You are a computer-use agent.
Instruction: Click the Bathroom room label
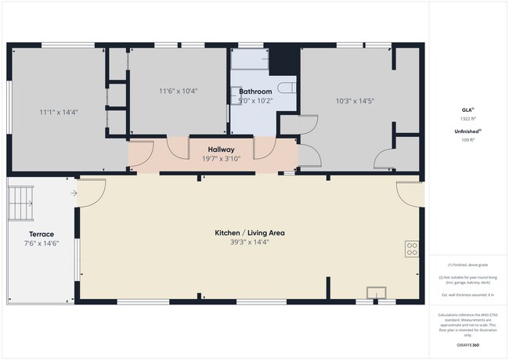[255, 92]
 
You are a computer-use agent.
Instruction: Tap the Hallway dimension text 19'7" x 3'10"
[222, 158]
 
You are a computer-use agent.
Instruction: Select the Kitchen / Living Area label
[250, 232]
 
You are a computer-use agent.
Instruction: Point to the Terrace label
[42, 234]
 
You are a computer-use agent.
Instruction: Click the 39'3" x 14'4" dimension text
[250, 242]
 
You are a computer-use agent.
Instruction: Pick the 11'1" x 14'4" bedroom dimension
[59, 112]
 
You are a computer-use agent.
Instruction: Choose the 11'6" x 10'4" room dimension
[179, 91]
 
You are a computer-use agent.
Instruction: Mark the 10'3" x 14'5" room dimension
[355, 100]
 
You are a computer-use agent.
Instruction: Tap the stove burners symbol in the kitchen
[412, 249]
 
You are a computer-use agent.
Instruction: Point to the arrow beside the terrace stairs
[74, 193]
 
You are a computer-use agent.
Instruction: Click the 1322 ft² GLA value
[468, 119]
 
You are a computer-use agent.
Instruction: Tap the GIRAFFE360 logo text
[468, 344]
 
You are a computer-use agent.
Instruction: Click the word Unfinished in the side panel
[467, 131]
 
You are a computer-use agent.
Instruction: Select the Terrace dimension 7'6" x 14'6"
[42, 243]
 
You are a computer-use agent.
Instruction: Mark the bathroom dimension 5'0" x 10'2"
[255, 100]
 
